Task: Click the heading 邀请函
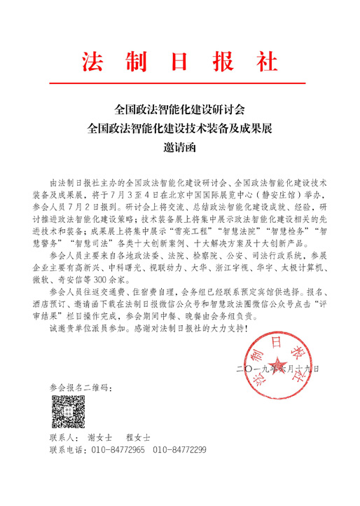180,146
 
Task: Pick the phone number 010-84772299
180,449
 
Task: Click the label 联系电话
67,449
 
